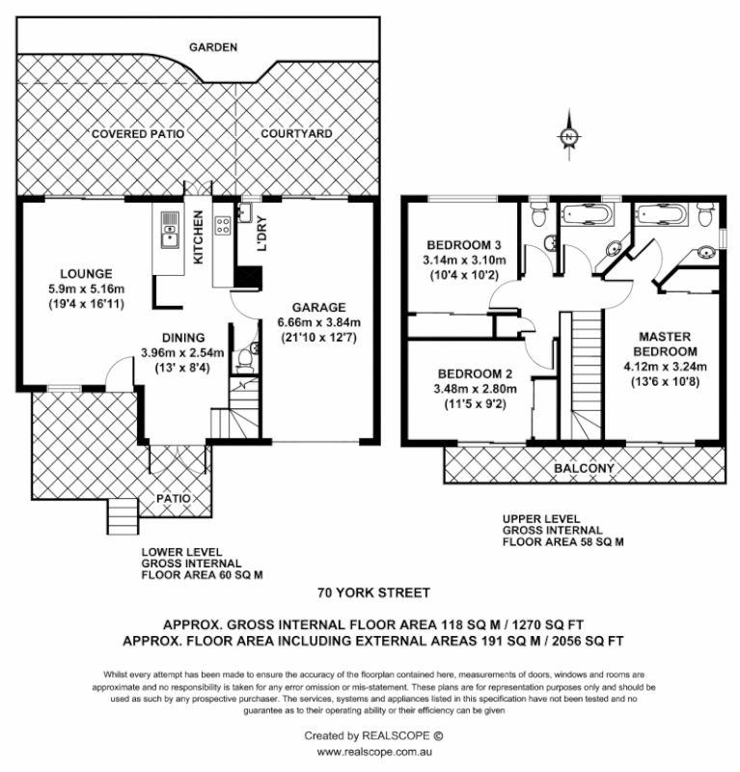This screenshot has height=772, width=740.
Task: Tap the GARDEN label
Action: tap(213, 46)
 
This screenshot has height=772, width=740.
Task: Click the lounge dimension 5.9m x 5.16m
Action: tap(86, 288)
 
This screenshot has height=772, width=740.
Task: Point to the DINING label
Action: tap(183, 338)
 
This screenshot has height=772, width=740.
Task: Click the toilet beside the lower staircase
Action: tap(247, 360)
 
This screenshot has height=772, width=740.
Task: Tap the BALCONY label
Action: tap(584, 469)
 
